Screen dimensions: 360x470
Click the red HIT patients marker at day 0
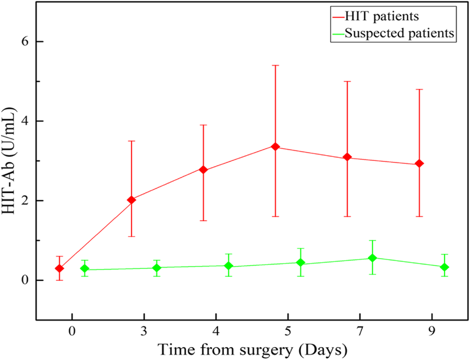click(59, 269)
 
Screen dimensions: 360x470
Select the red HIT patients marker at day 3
click(131, 200)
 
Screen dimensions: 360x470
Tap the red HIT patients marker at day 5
click(275, 147)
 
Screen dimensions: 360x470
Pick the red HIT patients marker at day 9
click(419, 163)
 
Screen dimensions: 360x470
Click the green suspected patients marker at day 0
click(84, 269)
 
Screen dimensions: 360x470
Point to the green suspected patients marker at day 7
click(372, 258)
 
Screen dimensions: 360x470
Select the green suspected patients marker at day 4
click(228, 265)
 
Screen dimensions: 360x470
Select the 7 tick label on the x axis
click(360, 331)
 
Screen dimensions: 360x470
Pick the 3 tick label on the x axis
click(144, 331)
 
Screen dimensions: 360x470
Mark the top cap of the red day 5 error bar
click(275, 65)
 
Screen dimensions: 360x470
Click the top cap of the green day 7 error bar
click(372, 240)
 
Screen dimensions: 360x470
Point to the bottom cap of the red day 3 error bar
click(131, 236)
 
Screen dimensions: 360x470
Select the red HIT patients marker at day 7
click(347, 157)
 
